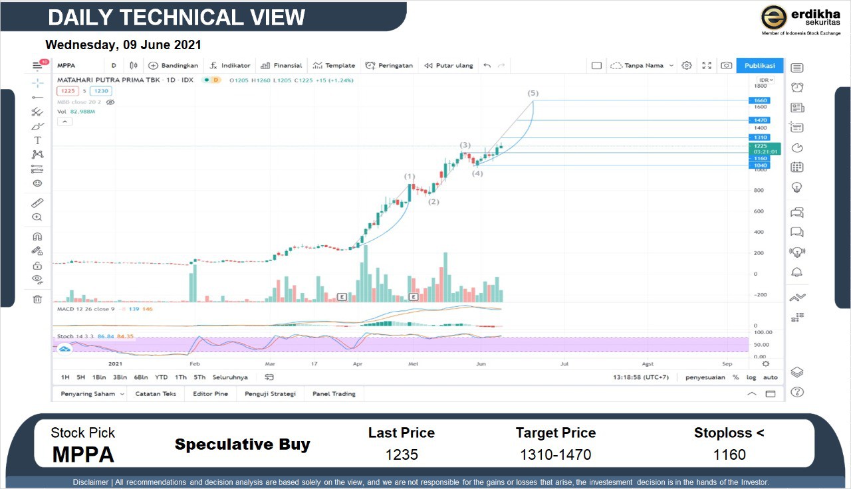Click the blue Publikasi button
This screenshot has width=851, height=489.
(x=759, y=65)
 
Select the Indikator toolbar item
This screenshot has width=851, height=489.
(x=230, y=65)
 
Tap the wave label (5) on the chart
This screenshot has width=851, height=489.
(x=533, y=94)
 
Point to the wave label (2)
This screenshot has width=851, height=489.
(x=433, y=201)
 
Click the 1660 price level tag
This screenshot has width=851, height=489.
(x=761, y=100)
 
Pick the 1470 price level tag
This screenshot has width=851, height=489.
(x=761, y=120)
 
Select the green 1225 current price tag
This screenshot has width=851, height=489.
(x=761, y=146)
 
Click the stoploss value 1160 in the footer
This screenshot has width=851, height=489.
(x=729, y=455)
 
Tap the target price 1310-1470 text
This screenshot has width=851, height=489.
(x=555, y=455)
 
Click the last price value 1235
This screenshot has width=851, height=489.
(x=402, y=455)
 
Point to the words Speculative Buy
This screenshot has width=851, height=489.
(x=242, y=444)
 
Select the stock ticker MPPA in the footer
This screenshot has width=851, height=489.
(x=83, y=455)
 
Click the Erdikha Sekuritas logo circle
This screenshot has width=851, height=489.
(x=774, y=17)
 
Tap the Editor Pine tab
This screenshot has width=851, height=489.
(x=210, y=394)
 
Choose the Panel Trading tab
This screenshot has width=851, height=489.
(x=334, y=394)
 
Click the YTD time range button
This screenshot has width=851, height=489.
(x=161, y=377)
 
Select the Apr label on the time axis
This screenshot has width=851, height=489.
(x=358, y=363)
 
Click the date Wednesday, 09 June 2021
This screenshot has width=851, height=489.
(x=123, y=45)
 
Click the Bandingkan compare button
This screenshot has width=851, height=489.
(x=174, y=65)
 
